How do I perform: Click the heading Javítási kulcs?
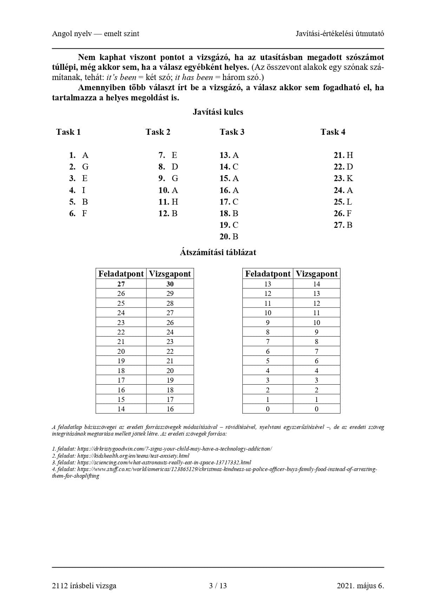218,112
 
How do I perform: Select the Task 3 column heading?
232,132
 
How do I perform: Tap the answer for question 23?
350,178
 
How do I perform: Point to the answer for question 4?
84,190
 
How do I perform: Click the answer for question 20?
235,237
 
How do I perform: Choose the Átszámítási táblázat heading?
218,252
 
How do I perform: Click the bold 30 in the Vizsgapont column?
170,284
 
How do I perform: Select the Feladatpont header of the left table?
121,274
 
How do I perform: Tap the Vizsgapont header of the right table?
317,274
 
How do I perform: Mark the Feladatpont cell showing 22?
121,332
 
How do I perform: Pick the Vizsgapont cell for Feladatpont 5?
317,361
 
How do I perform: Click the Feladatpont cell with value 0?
268,409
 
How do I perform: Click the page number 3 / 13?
218,585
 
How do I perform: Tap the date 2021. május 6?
360,585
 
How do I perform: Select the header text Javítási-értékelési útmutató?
340,34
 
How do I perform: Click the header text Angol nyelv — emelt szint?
96,34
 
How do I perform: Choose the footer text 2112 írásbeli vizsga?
84,585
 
